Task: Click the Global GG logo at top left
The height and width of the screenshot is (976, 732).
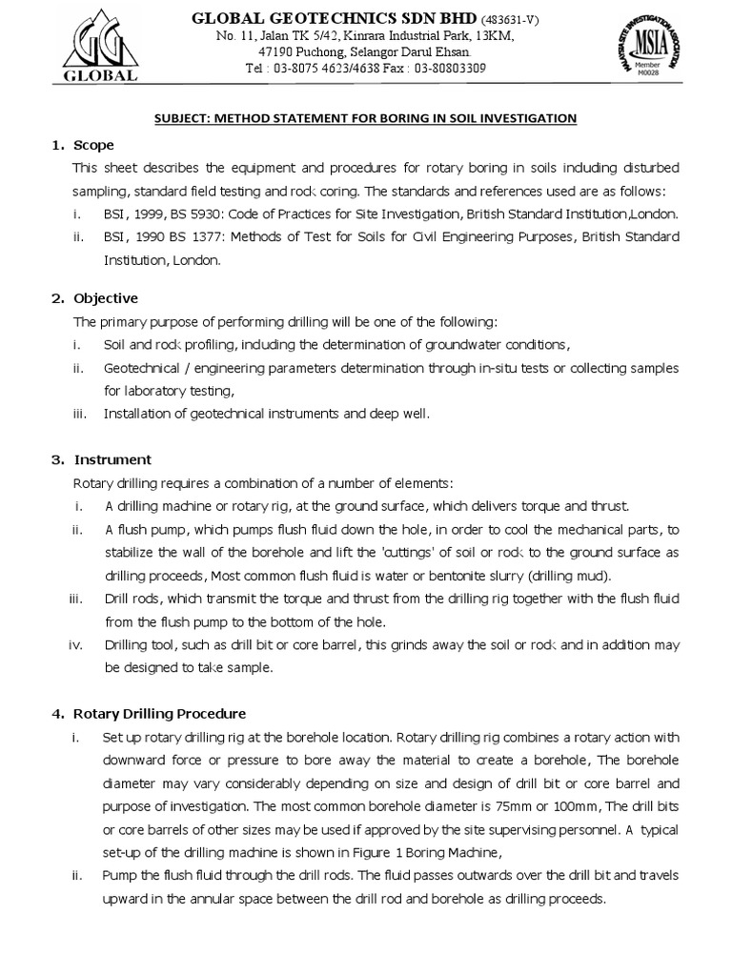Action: pyautogui.click(x=99, y=47)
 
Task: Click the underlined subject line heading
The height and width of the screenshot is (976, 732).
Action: pyautogui.click(x=367, y=118)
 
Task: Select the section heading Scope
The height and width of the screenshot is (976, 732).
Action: pyautogui.click(x=93, y=145)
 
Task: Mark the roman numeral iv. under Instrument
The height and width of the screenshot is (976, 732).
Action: pyautogui.click(x=77, y=645)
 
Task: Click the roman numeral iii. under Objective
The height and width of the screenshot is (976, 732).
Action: pyautogui.click(x=79, y=414)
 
